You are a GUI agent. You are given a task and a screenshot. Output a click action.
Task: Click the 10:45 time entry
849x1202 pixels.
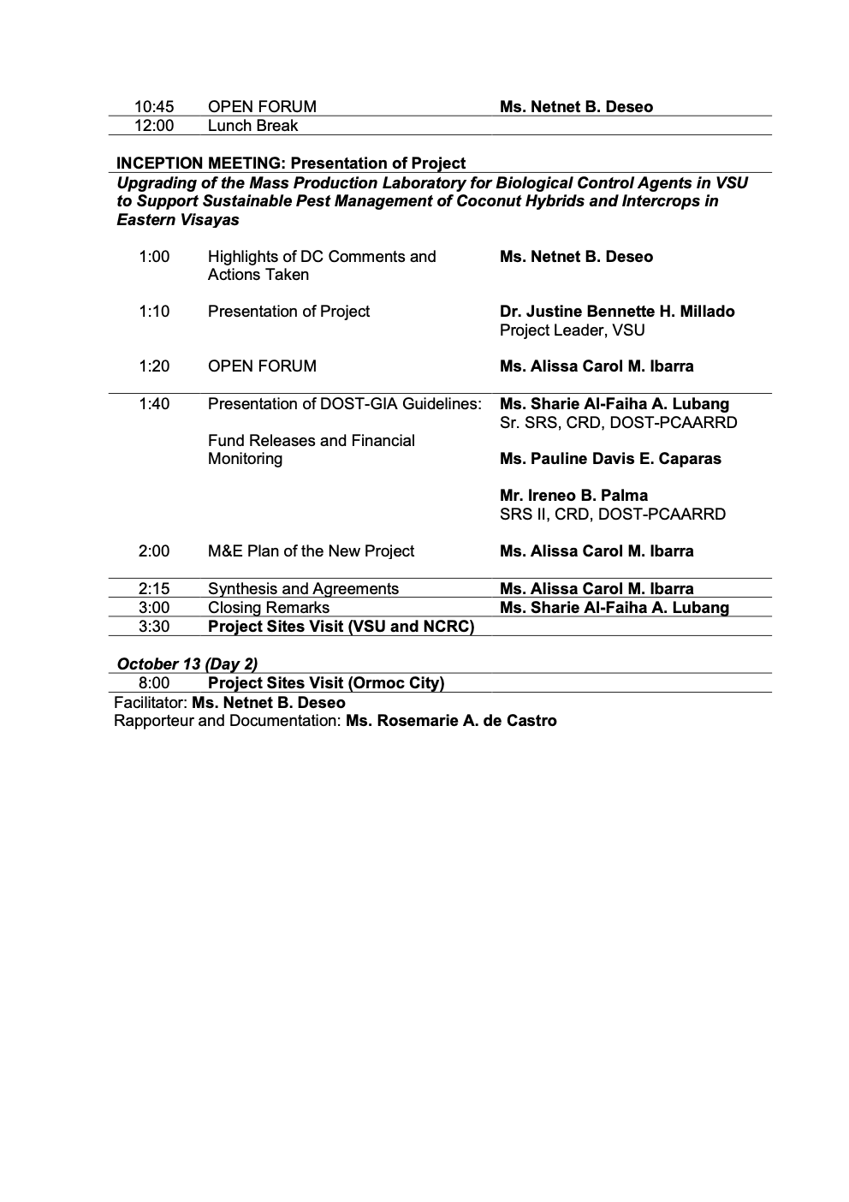154,107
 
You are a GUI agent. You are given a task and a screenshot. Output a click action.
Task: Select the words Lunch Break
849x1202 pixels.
252,126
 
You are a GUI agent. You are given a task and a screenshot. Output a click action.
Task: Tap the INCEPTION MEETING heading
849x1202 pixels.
291,164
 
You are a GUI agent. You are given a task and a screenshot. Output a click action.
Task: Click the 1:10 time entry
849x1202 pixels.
154,312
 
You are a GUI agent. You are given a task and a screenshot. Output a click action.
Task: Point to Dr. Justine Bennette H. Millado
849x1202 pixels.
617,312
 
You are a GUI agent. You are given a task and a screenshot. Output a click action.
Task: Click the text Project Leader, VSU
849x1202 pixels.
572,330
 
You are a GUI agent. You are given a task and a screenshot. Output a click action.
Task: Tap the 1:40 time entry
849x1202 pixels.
154,404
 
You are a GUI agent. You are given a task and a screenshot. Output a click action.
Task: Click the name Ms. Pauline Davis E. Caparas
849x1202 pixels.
610,459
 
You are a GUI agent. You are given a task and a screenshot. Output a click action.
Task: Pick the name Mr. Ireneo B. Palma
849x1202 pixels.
573,496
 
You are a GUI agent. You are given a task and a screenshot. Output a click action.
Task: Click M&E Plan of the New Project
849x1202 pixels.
311,551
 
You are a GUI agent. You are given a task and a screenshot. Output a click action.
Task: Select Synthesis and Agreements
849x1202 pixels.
303,589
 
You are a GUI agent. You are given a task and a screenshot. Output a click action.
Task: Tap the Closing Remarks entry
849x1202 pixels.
268,608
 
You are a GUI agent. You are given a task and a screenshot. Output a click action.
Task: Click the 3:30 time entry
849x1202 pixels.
154,627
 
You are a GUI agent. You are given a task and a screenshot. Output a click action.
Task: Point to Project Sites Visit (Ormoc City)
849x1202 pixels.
326,683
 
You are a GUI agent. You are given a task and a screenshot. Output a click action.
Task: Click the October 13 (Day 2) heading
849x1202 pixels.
187,664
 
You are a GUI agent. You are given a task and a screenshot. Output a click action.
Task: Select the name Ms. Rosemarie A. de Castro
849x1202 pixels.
451,721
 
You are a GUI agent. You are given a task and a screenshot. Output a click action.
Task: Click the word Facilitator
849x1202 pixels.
150,703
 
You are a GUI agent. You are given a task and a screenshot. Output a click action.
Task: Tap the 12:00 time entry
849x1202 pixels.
154,126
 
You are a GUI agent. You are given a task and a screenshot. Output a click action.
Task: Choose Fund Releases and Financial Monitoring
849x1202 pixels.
311,449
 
